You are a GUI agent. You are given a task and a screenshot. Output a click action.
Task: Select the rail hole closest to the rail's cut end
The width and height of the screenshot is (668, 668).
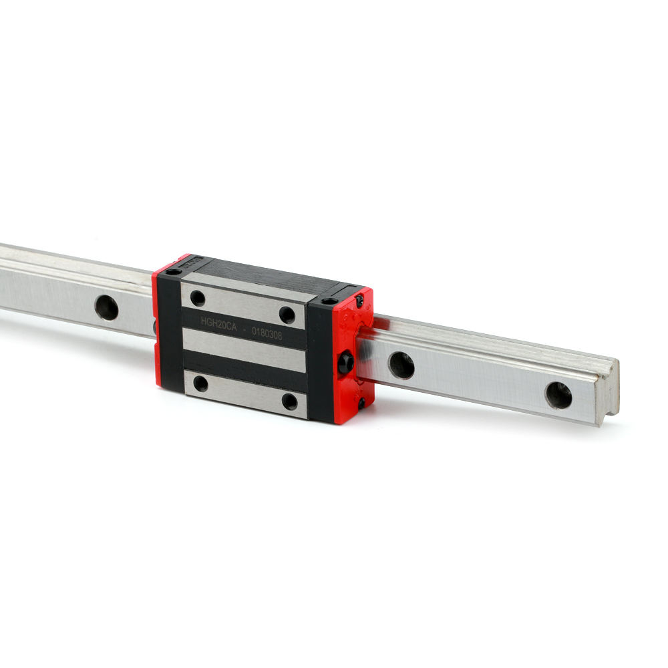558,395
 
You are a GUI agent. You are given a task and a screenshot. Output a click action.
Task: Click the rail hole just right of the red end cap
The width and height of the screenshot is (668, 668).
401,365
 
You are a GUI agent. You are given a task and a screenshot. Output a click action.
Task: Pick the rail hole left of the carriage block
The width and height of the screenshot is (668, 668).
106,307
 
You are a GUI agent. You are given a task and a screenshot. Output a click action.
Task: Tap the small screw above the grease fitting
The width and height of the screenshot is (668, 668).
359,302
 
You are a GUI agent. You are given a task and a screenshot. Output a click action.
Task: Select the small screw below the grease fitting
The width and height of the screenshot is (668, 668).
361,403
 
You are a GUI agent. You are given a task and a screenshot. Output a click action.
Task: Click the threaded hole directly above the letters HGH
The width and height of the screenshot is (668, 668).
198,298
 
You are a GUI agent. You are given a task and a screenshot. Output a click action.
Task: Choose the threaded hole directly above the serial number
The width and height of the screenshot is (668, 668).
287,315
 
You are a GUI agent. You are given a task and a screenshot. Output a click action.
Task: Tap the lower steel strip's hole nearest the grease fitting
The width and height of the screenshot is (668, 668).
289,401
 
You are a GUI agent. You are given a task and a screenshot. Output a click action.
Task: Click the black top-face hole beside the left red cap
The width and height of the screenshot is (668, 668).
174,272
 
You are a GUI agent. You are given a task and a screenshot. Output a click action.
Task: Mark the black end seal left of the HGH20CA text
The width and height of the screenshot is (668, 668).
170,334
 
